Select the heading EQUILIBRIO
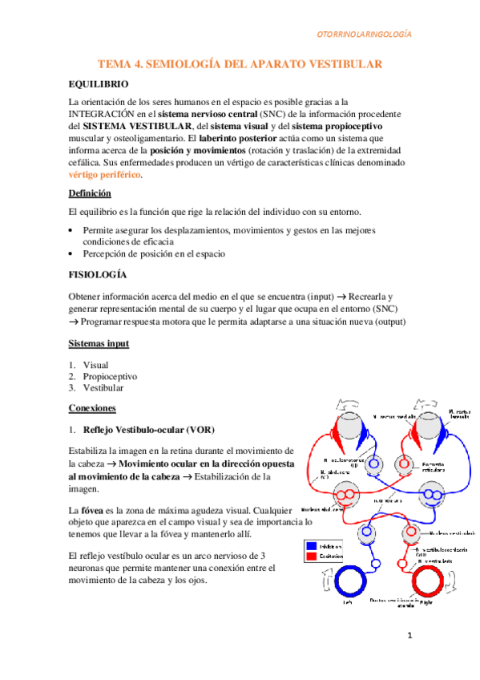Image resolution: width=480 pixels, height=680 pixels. click(x=99, y=83)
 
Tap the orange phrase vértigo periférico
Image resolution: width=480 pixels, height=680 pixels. click(x=106, y=174)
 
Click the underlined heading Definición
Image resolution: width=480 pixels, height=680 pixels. click(x=90, y=194)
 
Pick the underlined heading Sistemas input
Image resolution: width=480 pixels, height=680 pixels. click(x=99, y=343)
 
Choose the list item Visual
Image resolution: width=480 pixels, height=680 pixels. click(x=95, y=364)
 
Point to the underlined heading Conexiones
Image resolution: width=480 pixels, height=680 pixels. click(x=93, y=408)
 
